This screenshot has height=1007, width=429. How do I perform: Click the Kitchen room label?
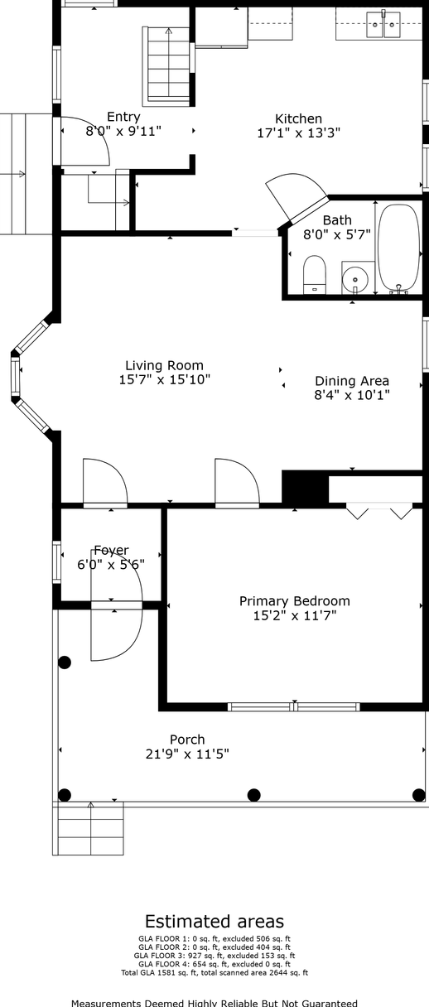[299, 118]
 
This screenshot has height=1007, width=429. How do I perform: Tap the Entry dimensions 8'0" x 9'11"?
[123, 132]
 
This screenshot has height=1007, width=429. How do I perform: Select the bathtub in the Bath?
[398, 248]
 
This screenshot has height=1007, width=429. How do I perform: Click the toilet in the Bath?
[315, 275]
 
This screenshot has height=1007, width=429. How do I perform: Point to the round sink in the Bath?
[355, 279]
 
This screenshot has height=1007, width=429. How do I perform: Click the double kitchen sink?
[383, 25]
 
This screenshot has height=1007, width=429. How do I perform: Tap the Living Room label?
[164, 365]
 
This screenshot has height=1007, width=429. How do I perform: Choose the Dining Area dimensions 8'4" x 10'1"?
[352, 395]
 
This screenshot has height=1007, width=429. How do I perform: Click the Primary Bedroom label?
[295, 601]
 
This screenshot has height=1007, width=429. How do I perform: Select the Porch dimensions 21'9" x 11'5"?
[187, 754]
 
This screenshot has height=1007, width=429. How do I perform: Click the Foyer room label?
[111, 550]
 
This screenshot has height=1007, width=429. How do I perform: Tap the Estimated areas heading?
[214, 922]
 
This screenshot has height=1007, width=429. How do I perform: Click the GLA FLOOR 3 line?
[214, 956]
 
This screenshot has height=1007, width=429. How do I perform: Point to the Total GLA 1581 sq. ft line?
[214, 973]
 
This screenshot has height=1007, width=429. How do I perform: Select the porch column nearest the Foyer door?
[65, 662]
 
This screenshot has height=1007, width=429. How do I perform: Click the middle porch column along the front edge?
[254, 795]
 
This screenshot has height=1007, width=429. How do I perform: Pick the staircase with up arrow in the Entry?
[168, 65]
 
